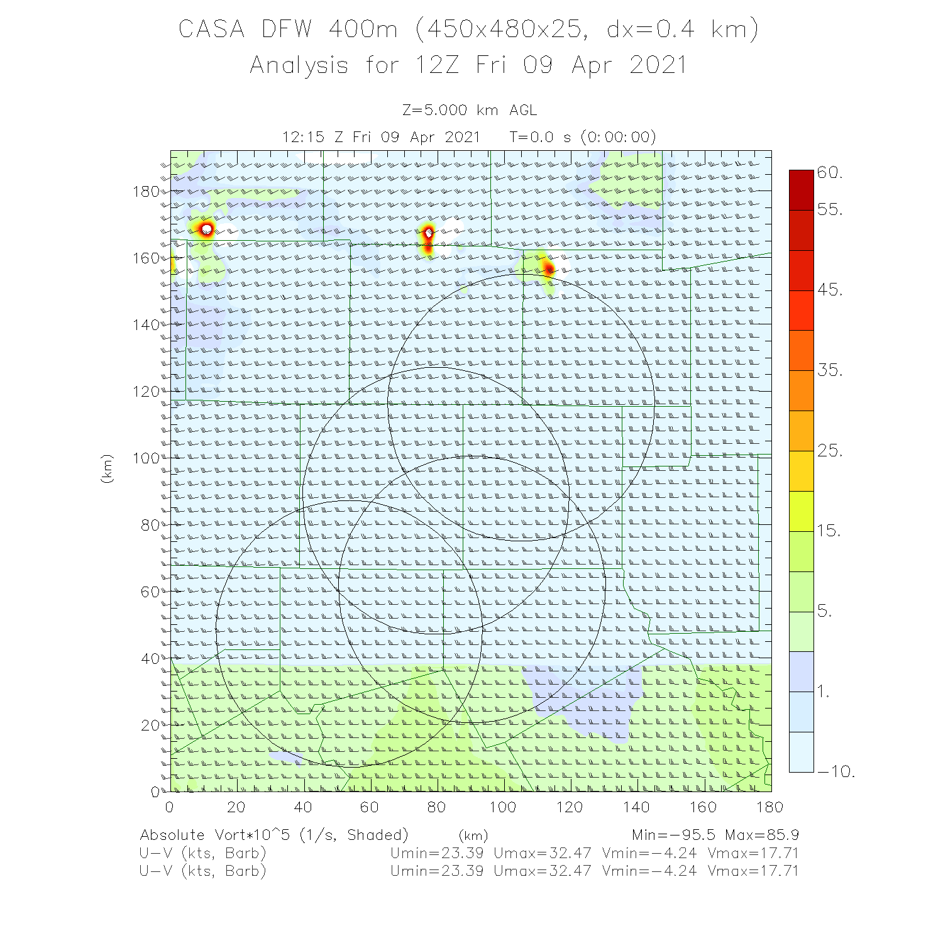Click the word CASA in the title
(x=211, y=30)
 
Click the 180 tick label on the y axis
(x=146, y=192)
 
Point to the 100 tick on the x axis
(x=503, y=807)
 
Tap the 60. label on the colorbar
(x=830, y=173)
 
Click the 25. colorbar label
(x=830, y=451)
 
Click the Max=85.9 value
(x=761, y=835)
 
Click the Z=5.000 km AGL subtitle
(x=470, y=111)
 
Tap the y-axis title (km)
(x=108, y=468)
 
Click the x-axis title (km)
(x=473, y=835)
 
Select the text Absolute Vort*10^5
(x=217, y=835)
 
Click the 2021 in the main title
(x=658, y=65)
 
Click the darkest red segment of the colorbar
(x=802, y=190)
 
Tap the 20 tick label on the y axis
(x=150, y=725)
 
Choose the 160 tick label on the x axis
(x=703, y=807)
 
